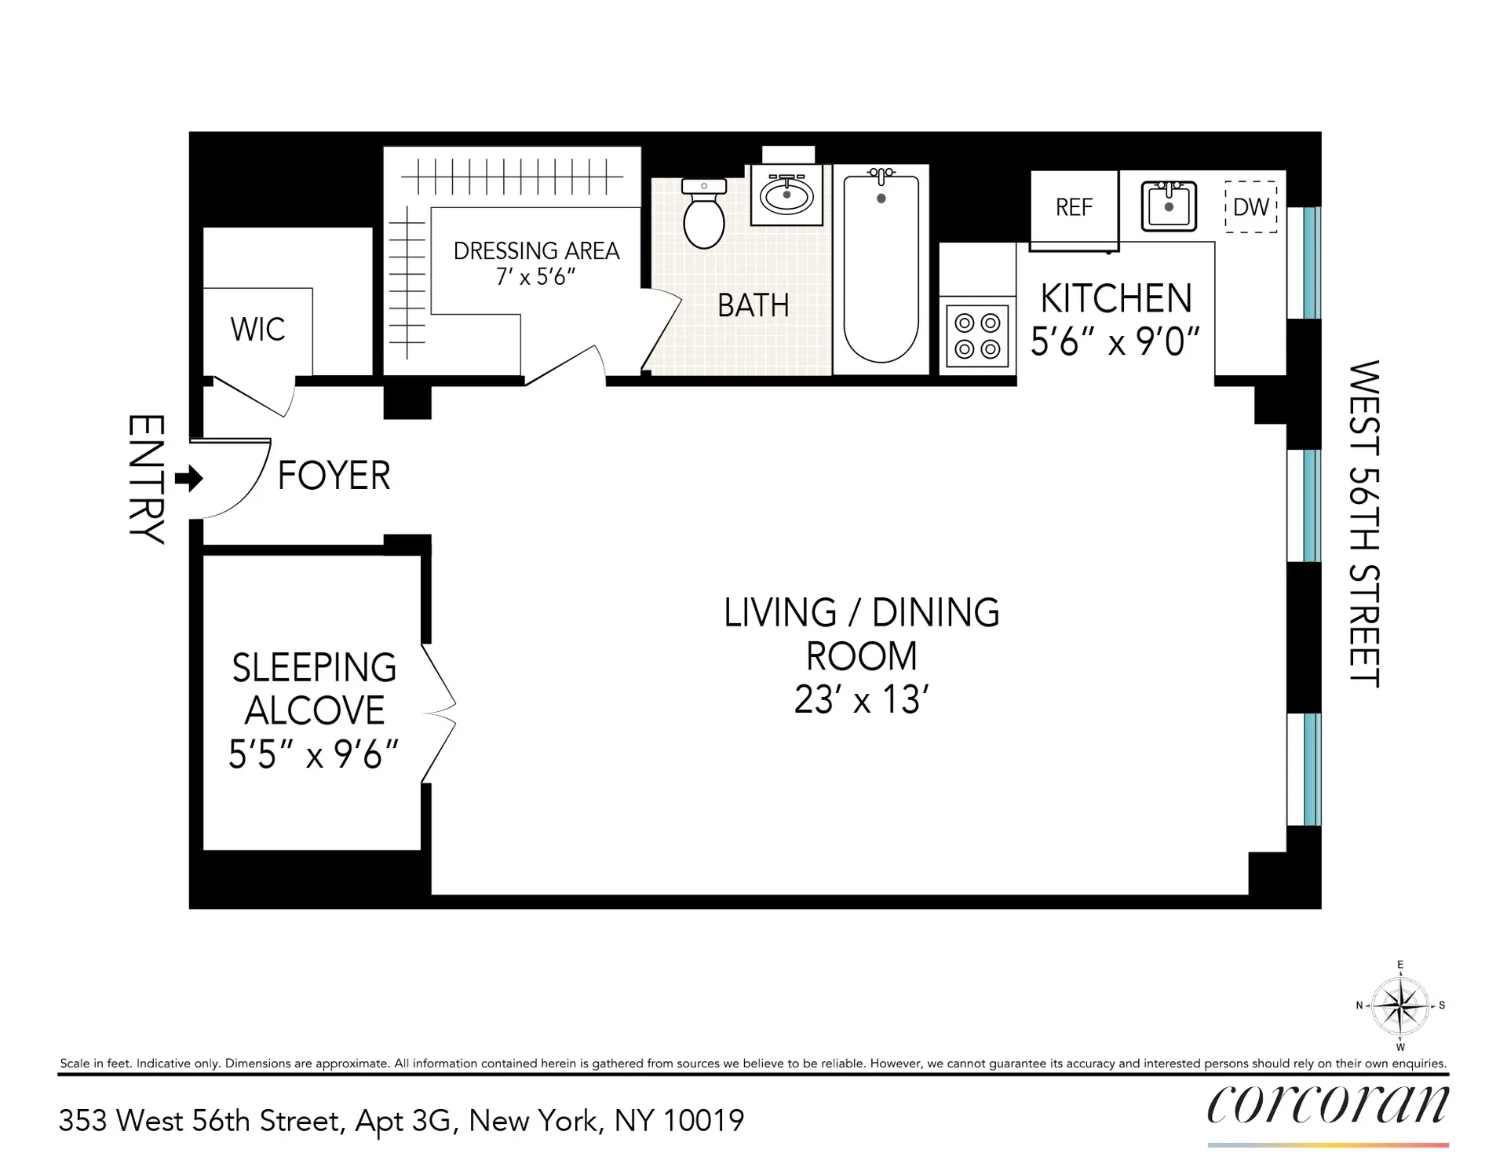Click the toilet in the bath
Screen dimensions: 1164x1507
click(704, 215)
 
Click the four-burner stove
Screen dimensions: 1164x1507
click(977, 336)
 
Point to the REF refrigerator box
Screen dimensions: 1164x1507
click(1074, 207)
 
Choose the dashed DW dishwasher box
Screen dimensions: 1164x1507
click(1251, 207)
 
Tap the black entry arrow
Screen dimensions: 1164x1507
click(188, 478)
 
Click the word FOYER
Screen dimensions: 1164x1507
click(334, 476)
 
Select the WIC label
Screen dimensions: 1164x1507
click(257, 330)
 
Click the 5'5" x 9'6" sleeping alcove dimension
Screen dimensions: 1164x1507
click(313, 755)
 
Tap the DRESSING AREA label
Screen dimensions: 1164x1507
click(536, 251)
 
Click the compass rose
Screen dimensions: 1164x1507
click(1400, 1005)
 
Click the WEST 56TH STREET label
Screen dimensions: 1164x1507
click(1364, 524)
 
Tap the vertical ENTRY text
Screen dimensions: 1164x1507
click(147, 479)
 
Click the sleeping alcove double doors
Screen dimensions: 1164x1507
click(438, 713)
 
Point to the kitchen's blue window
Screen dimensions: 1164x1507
click(1312, 262)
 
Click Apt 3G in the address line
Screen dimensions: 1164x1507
click(403, 1120)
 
